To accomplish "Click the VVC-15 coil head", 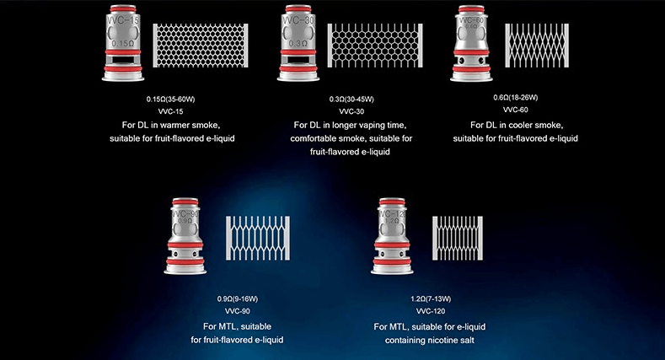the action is pos(123,42).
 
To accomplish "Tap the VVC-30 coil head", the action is pos(298,42).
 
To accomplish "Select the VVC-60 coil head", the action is pos(471,42).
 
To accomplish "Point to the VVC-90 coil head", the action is pos(185,236).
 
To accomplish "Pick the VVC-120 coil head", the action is pos(392,236).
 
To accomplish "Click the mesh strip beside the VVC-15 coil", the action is pos(201,46).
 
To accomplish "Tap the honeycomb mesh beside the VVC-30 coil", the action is pos(375,46).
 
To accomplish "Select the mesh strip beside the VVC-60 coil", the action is pos(537,46).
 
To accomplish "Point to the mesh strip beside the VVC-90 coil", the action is pos(258,239).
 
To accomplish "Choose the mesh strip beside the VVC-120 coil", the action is pos(458,239).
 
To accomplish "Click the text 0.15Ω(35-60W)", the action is pos(170,99).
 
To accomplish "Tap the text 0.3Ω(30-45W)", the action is pos(351,99).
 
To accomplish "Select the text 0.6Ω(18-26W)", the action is pos(515,98).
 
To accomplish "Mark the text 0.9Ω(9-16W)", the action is pos(238,299).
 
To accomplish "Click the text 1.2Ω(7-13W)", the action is pos(431,299).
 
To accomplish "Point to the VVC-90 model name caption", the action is pos(238,311).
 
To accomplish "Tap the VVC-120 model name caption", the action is pos(431,311).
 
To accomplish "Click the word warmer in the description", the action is pos(174,125).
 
